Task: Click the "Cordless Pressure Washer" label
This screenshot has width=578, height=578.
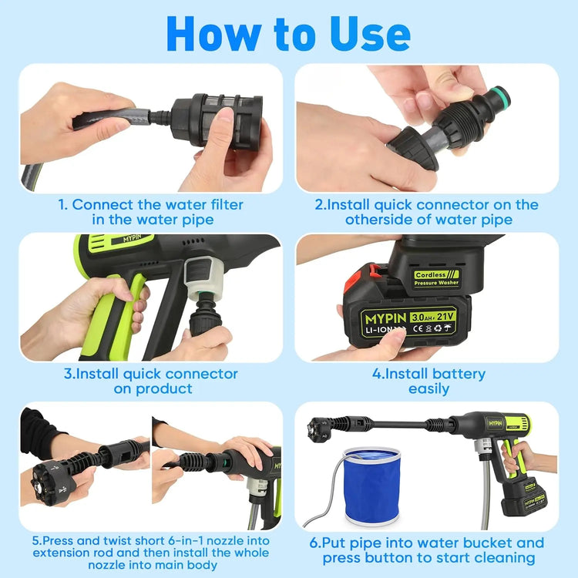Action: (x=436, y=278)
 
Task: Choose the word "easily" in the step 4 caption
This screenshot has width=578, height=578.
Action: (x=428, y=388)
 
